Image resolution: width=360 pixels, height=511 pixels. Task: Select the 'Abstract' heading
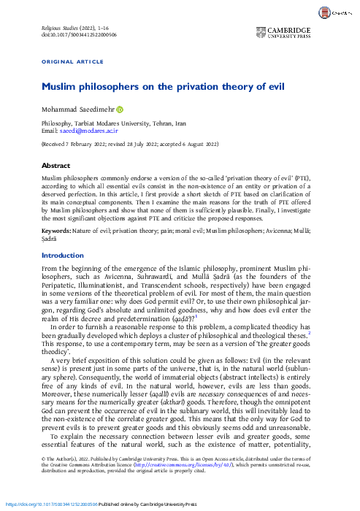point(56,166)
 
